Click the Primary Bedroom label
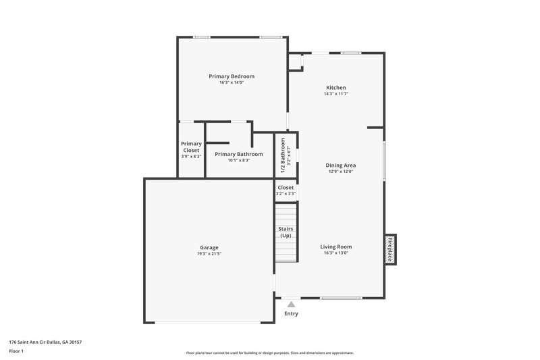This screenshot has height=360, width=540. (x=232, y=76)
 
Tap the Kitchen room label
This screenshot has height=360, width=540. (x=336, y=88)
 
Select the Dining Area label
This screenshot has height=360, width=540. (x=341, y=165)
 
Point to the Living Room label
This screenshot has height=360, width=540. (x=335, y=247)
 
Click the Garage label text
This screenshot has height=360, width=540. (x=209, y=247)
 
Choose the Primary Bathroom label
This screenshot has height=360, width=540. (x=238, y=154)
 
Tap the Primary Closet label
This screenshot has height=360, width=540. (x=191, y=147)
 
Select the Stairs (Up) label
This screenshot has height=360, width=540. (x=286, y=232)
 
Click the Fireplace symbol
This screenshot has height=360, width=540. (x=389, y=248)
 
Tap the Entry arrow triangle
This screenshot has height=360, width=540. (x=291, y=305)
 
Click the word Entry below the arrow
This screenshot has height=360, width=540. (x=291, y=313)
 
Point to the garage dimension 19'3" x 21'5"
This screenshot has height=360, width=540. (x=209, y=255)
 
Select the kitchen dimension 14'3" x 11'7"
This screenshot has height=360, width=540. (x=336, y=95)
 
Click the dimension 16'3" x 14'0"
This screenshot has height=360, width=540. (x=232, y=83)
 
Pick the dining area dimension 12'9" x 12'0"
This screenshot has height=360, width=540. (x=341, y=172)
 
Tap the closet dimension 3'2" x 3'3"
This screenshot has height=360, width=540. (x=286, y=194)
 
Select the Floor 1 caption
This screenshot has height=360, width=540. (x=17, y=351)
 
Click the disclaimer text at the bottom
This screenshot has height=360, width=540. (x=269, y=353)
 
